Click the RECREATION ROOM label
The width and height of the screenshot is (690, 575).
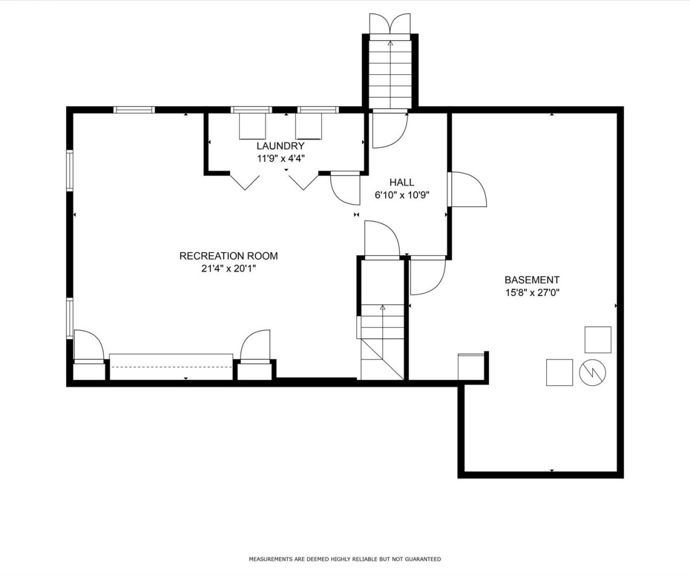coord(228,256)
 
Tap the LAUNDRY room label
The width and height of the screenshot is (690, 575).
coord(281,145)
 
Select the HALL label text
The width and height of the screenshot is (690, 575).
coord(401,182)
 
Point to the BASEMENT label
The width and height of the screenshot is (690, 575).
coord(532,280)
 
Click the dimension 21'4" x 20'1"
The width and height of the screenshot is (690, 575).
coord(229,269)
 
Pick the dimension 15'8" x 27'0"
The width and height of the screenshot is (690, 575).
coord(532,293)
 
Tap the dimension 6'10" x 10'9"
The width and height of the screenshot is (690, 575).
coord(402,195)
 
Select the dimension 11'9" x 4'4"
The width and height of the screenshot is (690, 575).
coord(281,159)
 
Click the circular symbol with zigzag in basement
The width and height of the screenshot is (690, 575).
coord(592,373)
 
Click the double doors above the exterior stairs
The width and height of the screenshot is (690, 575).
coord(390,24)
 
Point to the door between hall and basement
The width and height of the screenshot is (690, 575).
coord(467,189)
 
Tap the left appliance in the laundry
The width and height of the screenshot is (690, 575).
coord(252,126)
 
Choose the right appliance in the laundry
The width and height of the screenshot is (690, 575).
coord(309,126)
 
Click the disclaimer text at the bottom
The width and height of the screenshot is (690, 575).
coord(344,559)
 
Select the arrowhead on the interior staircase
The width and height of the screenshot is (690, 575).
coord(383,307)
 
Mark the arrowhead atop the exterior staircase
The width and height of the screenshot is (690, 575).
coord(390,43)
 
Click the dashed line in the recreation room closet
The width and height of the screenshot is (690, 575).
coord(171,367)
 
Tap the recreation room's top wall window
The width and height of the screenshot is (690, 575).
coord(134,110)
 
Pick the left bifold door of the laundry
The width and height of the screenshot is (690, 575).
coord(244,182)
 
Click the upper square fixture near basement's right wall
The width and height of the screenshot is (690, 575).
coord(598,340)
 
